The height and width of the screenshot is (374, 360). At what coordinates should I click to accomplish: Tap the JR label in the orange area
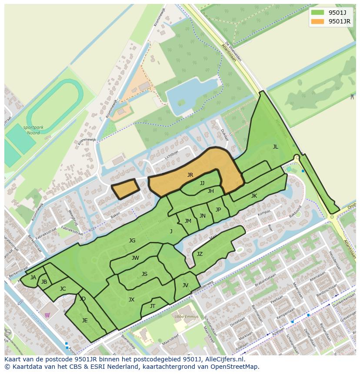point(190,175)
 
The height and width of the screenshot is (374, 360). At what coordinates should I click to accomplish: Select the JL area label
point(275,147)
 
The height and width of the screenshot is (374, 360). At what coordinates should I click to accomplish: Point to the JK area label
point(254,196)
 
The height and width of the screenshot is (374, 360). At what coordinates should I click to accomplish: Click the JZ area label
point(200,254)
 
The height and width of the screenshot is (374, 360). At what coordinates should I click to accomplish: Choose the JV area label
point(185,285)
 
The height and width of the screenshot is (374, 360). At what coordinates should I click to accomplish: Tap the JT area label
point(153,306)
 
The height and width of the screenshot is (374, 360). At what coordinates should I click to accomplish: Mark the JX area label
point(131,300)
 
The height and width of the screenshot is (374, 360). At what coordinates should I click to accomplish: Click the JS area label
point(144,274)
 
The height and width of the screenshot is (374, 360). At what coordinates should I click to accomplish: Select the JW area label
point(135,258)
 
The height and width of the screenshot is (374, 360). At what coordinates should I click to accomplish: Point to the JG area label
point(132,241)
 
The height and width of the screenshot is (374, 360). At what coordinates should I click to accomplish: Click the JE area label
point(85,321)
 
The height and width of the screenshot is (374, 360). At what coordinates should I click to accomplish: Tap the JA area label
point(33,278)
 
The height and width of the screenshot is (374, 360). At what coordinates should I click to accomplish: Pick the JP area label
point(218,210)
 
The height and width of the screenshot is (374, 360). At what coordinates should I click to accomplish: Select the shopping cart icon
point(47,315)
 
